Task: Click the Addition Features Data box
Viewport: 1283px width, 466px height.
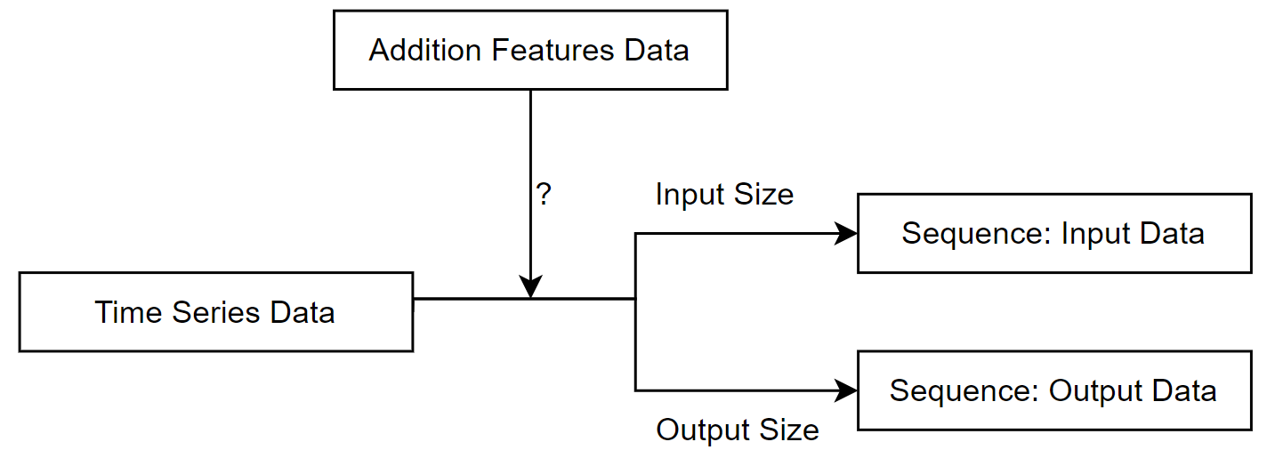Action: coord(530,50)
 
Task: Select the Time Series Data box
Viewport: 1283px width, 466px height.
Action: coord(215,312)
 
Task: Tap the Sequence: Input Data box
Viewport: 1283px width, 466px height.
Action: coord(1053,233)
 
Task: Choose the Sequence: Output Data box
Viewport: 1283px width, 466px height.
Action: coord(1053,390)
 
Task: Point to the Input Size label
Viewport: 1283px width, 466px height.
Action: coord(724,195)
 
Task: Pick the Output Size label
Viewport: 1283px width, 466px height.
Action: coord(737,430)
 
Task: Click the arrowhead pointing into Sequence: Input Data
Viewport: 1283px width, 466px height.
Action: coord(845,234)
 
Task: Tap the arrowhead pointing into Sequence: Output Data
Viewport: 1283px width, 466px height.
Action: coord(845,390)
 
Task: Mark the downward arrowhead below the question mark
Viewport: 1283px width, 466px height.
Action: coord(530,287)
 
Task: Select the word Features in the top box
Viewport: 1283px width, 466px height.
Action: coord(553,50)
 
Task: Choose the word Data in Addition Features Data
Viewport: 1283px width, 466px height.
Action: coord(657,50)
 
